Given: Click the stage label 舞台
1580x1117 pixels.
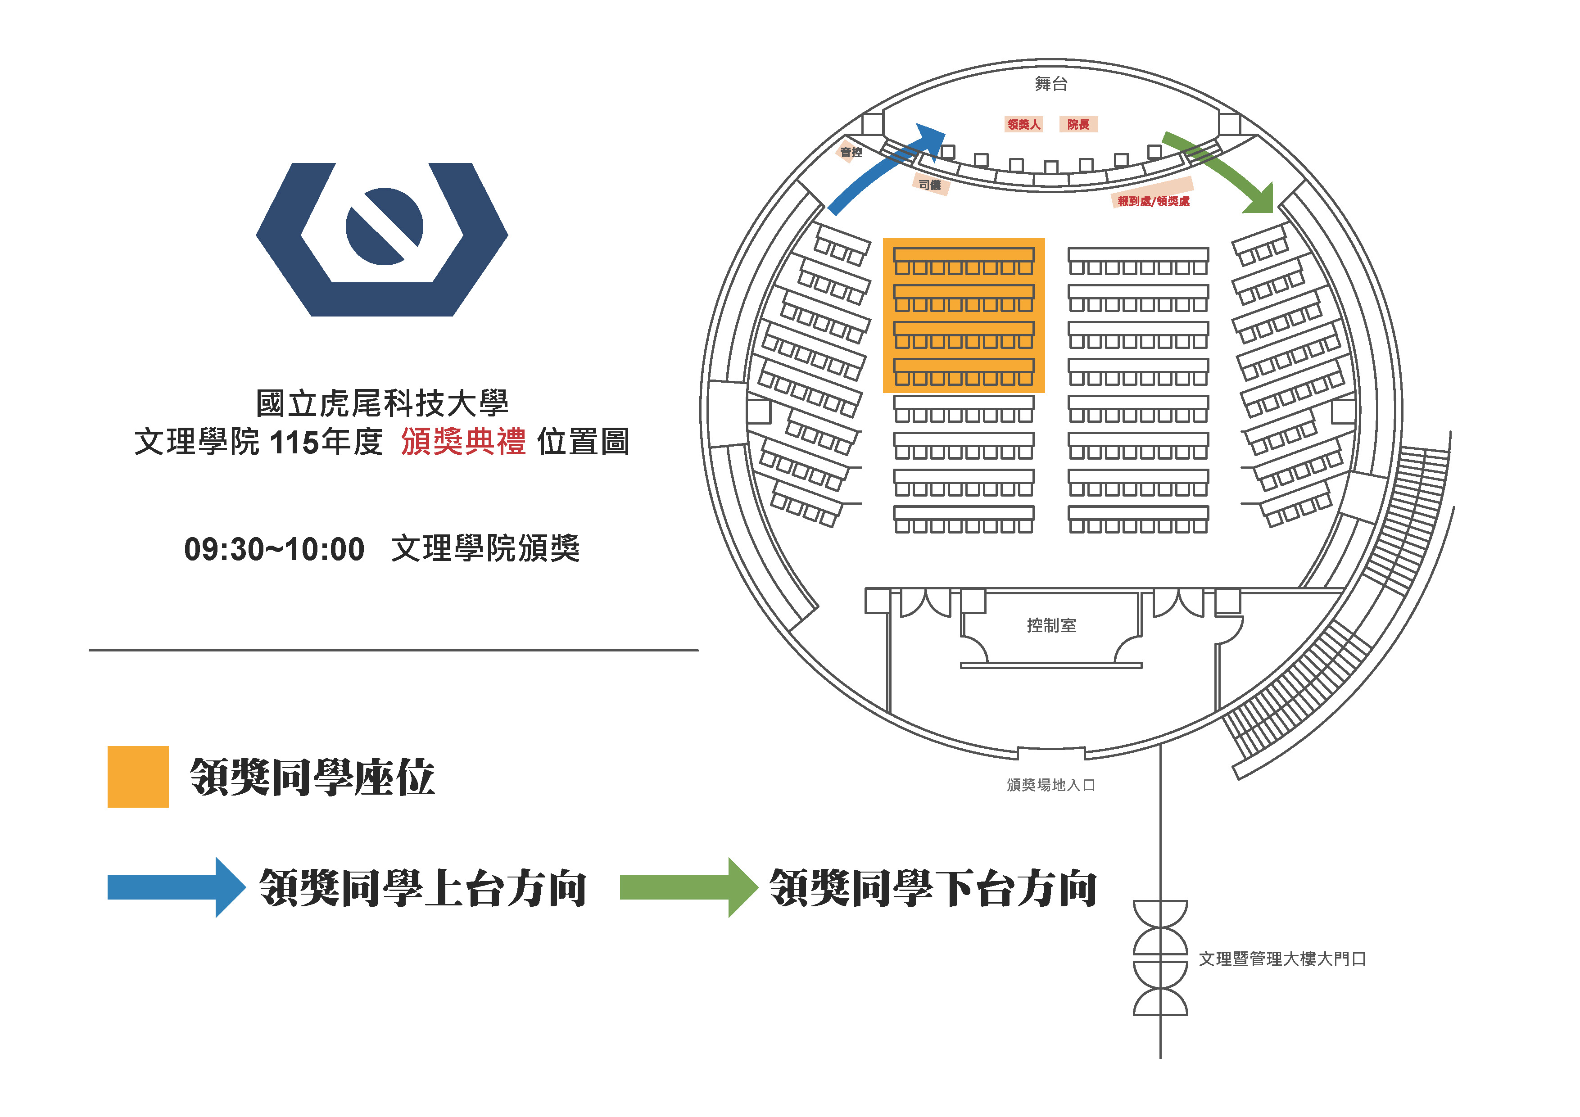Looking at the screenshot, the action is pyautogui.click(x=1051, y=84).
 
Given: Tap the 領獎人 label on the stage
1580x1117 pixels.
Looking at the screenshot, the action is pyautogui.click(x=1023, y=125).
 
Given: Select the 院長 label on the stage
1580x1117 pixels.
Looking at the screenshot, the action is pyautogui.click(x=1078, y=125).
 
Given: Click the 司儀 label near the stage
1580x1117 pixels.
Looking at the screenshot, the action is pyautogui.click(x=930, y=185).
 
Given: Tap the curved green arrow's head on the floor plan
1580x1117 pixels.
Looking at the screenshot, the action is pyautogui.click(x=1259, y=199).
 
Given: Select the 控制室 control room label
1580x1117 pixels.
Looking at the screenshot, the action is pyautogui.click(x=1051, y=625).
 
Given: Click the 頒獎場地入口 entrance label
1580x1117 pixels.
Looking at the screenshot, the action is pyautogui.click(x=1051, y=785).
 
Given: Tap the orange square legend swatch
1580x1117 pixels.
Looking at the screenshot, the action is pyautogui.click(x=138, y=776).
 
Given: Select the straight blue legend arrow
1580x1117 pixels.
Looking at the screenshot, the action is pyautogui.click(x=176, y=887).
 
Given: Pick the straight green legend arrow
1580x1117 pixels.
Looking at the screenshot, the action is pyautogui.click(x=689, y=887).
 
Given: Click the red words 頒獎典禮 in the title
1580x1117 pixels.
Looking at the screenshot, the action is pyautogui.click(x=464, y=441).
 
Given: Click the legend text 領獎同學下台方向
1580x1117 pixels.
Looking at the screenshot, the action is pyautogui.click(x=933, y=888).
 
